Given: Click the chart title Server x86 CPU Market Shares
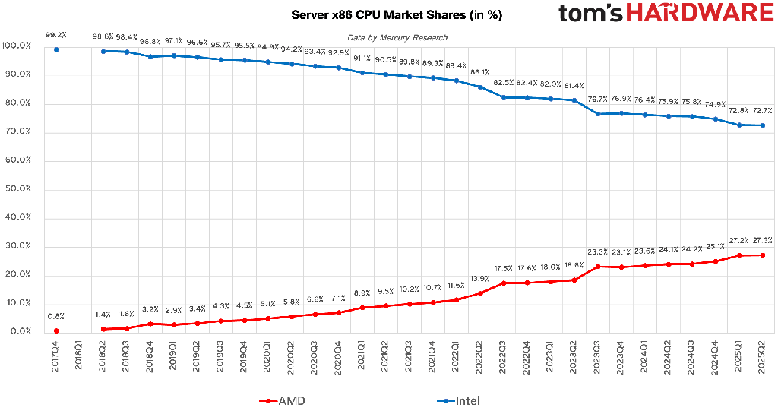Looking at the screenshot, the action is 396,15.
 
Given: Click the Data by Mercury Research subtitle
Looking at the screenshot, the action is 397,38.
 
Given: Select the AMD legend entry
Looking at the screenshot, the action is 283,400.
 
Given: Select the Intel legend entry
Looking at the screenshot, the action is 458,400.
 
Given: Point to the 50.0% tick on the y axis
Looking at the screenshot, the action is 17,188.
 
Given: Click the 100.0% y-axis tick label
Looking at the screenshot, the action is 17,46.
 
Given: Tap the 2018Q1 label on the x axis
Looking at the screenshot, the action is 79,354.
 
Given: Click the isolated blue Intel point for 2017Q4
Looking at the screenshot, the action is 56,49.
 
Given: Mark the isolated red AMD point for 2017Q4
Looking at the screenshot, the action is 56,331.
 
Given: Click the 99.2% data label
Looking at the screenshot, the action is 56,35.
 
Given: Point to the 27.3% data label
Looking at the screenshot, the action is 763,240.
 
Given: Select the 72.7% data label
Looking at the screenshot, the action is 763,111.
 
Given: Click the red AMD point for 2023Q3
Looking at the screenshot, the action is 598,267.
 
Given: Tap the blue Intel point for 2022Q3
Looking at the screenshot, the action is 504,97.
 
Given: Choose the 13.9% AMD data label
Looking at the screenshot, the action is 480,279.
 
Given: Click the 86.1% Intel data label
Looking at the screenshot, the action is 480,72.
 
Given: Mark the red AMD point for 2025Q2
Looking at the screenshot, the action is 763,255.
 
